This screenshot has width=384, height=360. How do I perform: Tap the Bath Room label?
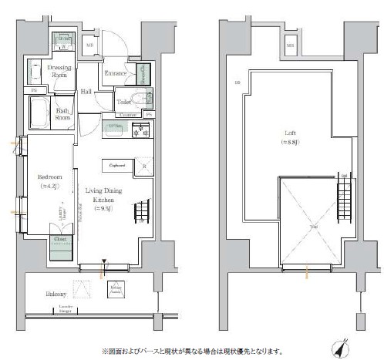click(x=63, y=114)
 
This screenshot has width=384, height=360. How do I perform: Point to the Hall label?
click(x=86, y=91)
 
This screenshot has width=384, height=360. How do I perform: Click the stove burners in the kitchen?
click(x=141, y=132)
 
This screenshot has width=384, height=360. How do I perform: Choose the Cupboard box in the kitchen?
click(x=117, y=164)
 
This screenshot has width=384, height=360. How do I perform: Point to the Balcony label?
click(x=55, y=294)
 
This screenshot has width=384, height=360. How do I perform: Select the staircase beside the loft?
click(x=346, y=200)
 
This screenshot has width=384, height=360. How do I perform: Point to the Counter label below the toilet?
click(x=128, y=115)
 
